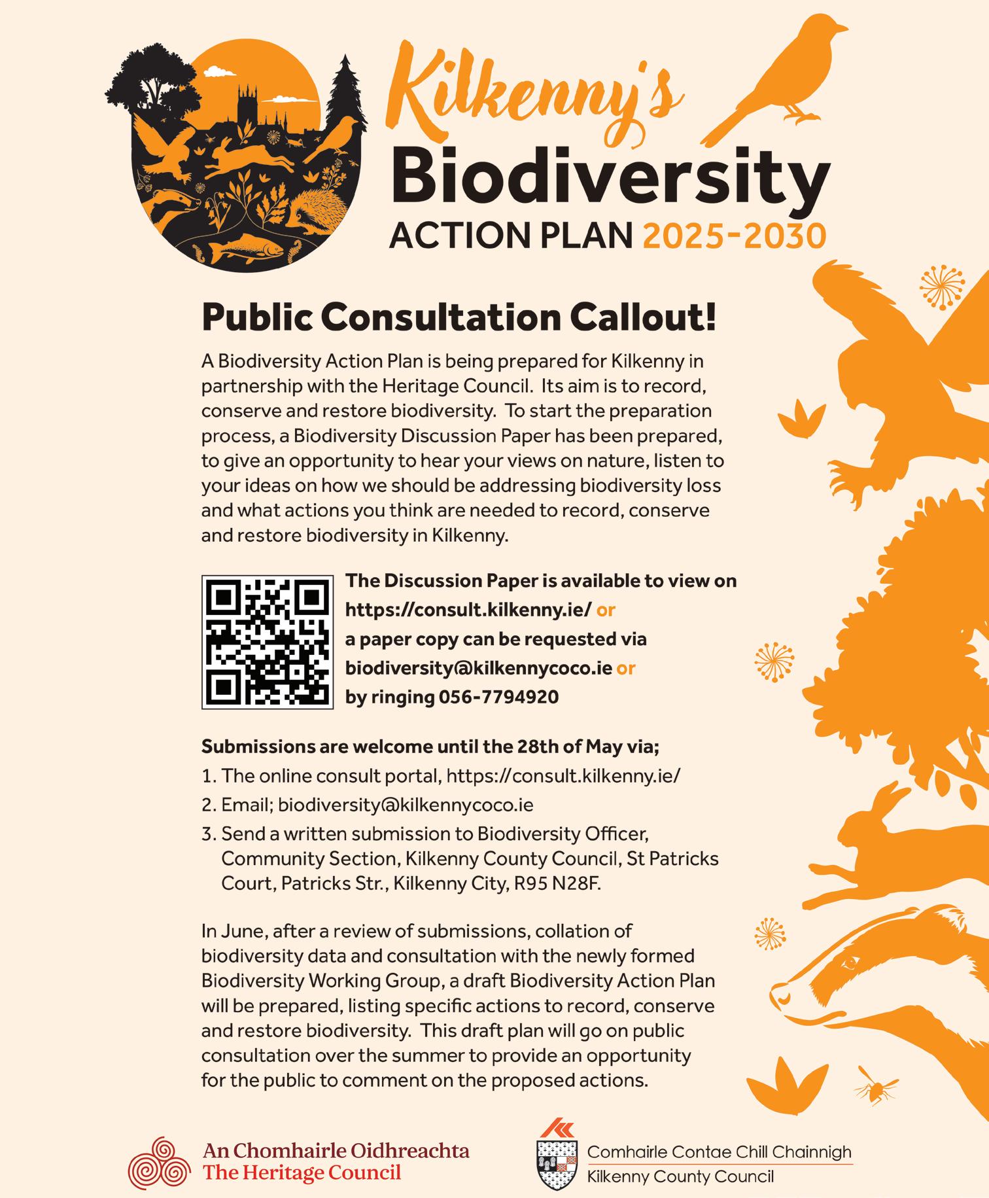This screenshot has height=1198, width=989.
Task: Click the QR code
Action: [267, 642]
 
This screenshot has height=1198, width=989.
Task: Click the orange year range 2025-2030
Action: [734, 236]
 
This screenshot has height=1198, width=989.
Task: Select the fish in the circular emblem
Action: [243, 249]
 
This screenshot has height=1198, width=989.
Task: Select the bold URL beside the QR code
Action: [468, 610]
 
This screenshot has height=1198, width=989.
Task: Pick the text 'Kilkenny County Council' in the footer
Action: [680, 1177]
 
